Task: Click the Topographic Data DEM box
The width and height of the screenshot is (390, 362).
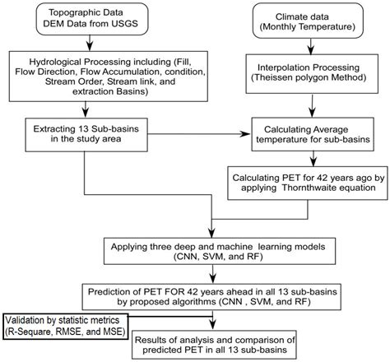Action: [82, 21]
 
